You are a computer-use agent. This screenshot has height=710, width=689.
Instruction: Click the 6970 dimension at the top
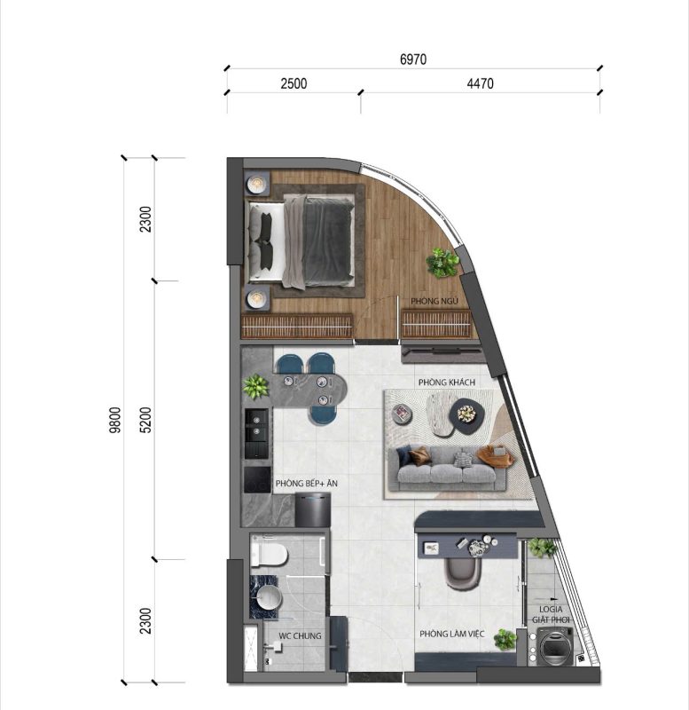pos(413,59)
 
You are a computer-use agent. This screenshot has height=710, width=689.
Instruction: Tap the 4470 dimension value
pos(480,83)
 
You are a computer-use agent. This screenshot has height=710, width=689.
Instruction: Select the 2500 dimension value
pos(294,83)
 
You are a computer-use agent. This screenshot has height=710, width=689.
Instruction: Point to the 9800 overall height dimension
pos(116,420)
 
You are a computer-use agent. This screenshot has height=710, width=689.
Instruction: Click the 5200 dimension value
pos(145,420)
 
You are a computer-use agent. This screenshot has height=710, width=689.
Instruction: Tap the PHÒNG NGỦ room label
pos(435,301)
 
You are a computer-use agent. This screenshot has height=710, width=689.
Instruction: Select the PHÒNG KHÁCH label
pos(447,383)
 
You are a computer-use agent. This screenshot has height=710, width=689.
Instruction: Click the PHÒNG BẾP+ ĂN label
pos(306,484)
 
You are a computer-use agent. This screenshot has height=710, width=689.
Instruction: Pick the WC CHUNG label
pos(300,636)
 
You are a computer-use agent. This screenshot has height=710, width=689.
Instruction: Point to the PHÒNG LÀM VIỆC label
pos(451,634)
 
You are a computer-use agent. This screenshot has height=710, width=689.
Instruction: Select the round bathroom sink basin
pos(269,597)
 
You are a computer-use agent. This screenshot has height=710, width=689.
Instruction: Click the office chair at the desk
pos(462,572)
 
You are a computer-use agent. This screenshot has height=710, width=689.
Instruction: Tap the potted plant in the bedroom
pos(442,262)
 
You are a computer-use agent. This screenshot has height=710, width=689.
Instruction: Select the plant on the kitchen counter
pos(255,387)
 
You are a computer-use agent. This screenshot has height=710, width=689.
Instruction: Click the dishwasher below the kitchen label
pos(313,509)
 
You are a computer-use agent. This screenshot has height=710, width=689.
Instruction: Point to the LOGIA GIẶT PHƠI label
pos(551,614)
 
